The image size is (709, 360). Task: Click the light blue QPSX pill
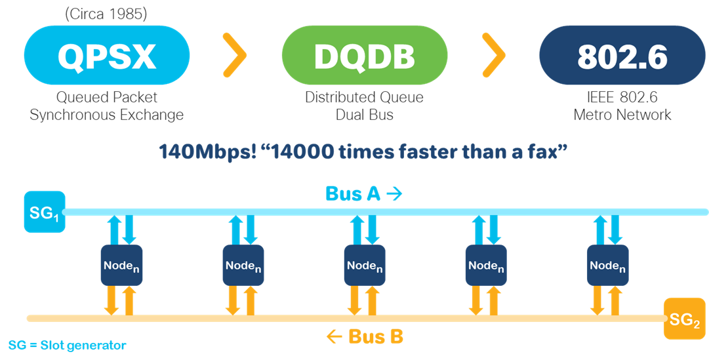point(107,56)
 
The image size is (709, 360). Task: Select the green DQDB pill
point(364,56)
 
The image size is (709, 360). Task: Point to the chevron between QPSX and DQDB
point(234,56)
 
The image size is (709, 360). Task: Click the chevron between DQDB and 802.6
point(493,56)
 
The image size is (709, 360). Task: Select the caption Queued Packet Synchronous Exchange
point(107,106)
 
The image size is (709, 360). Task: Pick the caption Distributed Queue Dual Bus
point(364,106)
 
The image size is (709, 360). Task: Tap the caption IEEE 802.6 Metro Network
point(622,106)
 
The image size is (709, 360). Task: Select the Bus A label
point(363,194)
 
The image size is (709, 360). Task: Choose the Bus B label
point(365,337)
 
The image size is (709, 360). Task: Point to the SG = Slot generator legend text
point(67,345)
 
